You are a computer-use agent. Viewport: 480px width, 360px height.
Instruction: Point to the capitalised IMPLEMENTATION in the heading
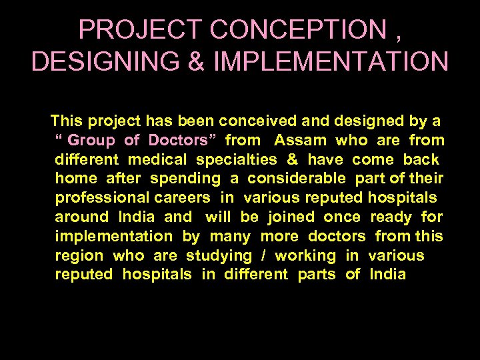click(331, 61)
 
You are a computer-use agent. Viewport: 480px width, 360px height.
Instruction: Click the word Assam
click(300, 141)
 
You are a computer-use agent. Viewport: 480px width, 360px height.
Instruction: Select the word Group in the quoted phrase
click(91, 141)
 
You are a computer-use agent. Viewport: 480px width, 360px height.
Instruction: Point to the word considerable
click(297, 179)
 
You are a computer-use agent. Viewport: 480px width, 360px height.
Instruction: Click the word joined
click(291, 217)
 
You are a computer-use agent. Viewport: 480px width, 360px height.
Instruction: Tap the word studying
click(219, 255)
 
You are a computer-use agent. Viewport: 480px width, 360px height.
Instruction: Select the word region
click(79, 255)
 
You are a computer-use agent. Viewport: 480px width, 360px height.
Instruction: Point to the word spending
click(185, 179)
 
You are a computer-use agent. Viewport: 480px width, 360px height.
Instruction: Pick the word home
click(76, 179)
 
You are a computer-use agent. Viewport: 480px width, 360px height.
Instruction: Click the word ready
click(391, 217)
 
